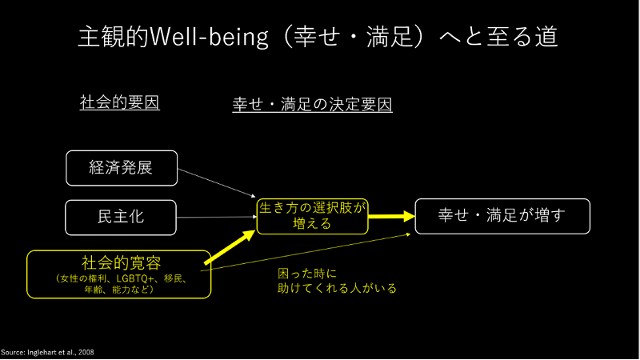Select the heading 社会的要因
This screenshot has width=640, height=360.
tap(119, 103)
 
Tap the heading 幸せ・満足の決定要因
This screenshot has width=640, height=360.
tap(312, 105)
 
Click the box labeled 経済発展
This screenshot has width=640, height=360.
tap(121, 167)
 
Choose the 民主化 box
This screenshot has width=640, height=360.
tap(121, 216)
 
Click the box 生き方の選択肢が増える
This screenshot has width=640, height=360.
tap(312, 216)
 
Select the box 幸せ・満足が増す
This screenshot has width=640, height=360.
tap(502, 215)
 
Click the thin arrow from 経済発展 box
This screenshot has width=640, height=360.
tap(216, 182)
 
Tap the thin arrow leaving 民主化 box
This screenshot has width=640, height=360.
tap(216, 217)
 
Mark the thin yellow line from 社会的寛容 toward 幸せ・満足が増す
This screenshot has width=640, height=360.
tap(312, 251)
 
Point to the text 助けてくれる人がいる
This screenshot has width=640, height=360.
tap(332, 288)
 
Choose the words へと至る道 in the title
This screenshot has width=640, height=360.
tap(499, 37)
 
